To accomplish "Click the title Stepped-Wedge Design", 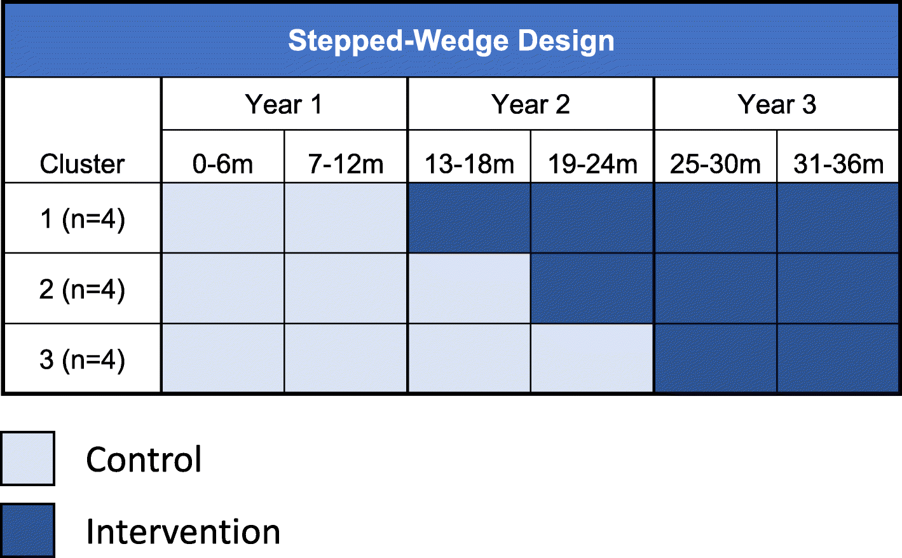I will coord(451,41).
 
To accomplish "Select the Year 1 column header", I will coord(284,104).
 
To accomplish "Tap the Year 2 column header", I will coord(530,104).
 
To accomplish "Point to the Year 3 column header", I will coord(776,104).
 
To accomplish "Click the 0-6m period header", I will coord(222,164).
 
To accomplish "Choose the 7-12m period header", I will coord(346,164).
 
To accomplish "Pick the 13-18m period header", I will coord(469,164).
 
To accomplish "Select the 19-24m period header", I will coord(592,164).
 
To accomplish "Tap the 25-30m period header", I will coord(715,164).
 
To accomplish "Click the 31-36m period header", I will coord(838,164).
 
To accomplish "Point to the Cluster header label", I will coord(82,164).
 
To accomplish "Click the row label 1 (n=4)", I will coord(82,219).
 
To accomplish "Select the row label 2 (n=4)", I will coord(82,289).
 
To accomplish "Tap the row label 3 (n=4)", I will coord(82,359).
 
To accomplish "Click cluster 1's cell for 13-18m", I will coord(469,219).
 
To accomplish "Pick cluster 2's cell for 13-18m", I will coord(469,289).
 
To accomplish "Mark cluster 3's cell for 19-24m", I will coord(592,359).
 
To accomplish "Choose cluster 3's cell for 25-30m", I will coord(715,359).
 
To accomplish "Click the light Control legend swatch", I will coord(27,458).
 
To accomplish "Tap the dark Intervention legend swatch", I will coord(27,530).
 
